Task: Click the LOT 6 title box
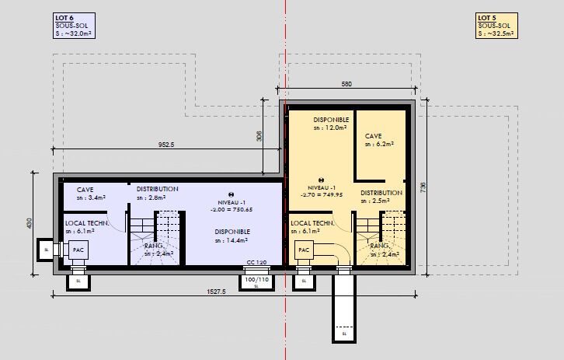point(74,26)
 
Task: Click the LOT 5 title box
point(496,26)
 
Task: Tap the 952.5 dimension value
point(166,145)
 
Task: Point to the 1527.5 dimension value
point(216,292)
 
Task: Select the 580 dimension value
point(346,84)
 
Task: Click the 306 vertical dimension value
point(259,136)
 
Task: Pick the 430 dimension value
point(30,223)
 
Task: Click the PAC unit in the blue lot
point(78,250)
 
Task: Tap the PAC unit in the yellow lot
point(304,250)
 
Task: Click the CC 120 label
point(256,262)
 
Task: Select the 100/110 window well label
point(256,279)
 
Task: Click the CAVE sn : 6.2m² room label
point(379,140)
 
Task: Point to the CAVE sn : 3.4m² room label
point(91,194)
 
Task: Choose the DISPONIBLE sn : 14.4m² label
point(232,236)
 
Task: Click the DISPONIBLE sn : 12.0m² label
point(331,124)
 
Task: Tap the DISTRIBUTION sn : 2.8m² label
point(157,193)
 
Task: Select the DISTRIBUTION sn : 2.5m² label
point(381,197)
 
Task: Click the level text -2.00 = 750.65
point(232,209)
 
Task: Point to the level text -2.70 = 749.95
point(322,194)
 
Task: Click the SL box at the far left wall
point(46,250)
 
